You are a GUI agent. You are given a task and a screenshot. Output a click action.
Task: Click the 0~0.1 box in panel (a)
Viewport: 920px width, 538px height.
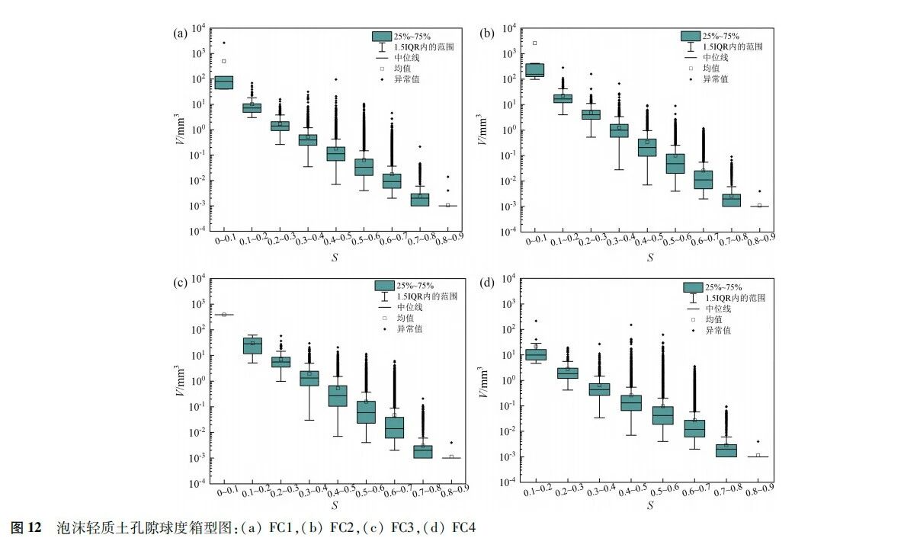(x=223, y=82)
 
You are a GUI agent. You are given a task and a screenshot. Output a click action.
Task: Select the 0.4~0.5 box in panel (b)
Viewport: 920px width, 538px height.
(x=647, y=147)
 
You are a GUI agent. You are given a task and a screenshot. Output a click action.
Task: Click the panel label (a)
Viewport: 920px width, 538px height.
(x=181, y=33)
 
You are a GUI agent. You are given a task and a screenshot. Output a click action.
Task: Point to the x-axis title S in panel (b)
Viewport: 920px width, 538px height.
(x=650, y=258)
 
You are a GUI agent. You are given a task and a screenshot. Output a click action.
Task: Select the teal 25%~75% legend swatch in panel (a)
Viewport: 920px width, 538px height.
(x=382, y=36)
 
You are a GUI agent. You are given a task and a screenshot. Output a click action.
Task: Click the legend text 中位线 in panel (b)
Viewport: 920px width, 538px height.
(x=716, y=57)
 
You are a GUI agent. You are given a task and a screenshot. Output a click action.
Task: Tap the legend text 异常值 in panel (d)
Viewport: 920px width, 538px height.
(x=718, y=330)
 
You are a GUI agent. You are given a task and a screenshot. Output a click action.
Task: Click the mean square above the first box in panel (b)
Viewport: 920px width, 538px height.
(x=534, y=43)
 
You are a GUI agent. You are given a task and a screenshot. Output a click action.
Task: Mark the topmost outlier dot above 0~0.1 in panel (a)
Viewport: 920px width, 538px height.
(x=223, y=43)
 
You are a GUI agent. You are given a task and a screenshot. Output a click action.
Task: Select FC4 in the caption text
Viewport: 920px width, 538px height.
(x=464, y=527)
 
